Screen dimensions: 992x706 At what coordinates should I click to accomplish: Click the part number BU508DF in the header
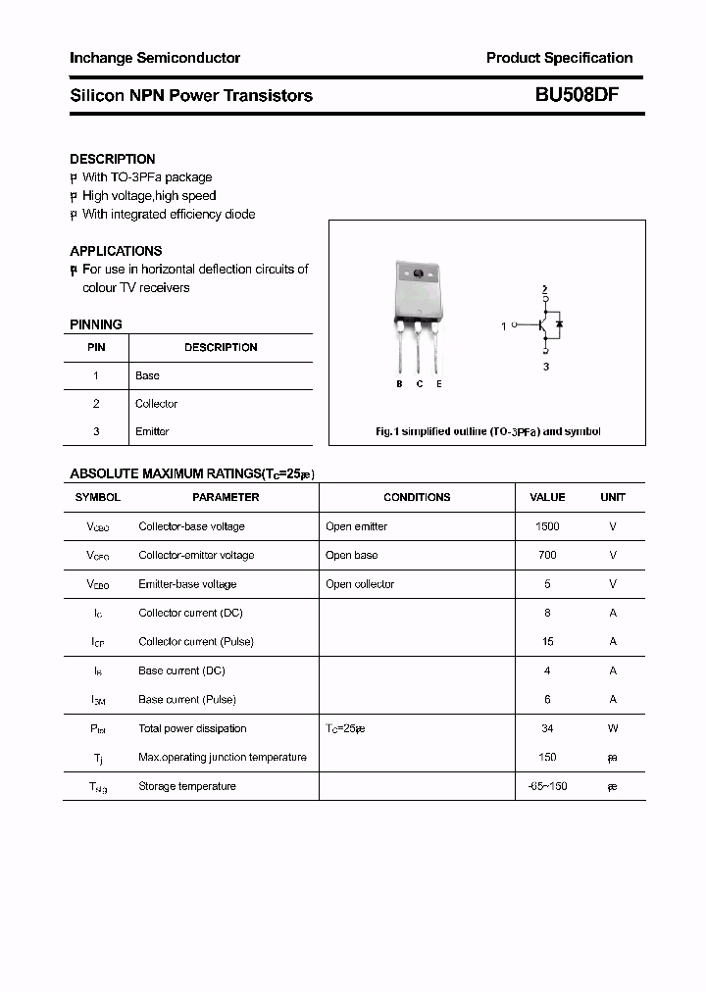[577, 95]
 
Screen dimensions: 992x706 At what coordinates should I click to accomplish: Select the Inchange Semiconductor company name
[155, 58]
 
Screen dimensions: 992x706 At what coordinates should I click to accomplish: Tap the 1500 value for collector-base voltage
[547, 526]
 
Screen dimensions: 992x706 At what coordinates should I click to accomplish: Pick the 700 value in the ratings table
[547, 555]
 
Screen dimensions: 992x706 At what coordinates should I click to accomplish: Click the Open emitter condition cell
[356, 526]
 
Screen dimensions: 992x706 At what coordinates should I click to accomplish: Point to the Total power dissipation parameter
[192, 728]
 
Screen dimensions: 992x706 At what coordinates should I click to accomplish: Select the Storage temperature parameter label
[187, 786]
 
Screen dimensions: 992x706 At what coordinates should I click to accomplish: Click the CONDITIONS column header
[417, 497]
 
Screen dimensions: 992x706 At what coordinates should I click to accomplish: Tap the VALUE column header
[547, 497]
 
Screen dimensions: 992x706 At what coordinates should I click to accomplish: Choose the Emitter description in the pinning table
[152, 431]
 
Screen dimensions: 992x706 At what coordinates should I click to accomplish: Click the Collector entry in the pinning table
[156, 404]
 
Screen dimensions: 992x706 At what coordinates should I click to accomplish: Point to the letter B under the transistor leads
[399, 384]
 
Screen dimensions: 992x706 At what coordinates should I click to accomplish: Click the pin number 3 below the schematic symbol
[546, 366]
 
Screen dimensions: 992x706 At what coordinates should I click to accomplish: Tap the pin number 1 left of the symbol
[504, 325]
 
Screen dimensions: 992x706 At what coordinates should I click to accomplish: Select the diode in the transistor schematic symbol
[559, 323]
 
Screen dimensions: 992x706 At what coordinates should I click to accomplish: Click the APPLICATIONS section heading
[116, 251]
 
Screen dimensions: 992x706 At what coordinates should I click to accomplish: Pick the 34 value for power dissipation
[547, 728]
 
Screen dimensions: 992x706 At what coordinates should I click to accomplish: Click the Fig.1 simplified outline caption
[488, 431]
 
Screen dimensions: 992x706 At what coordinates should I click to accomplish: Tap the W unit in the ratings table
[613, 728]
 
